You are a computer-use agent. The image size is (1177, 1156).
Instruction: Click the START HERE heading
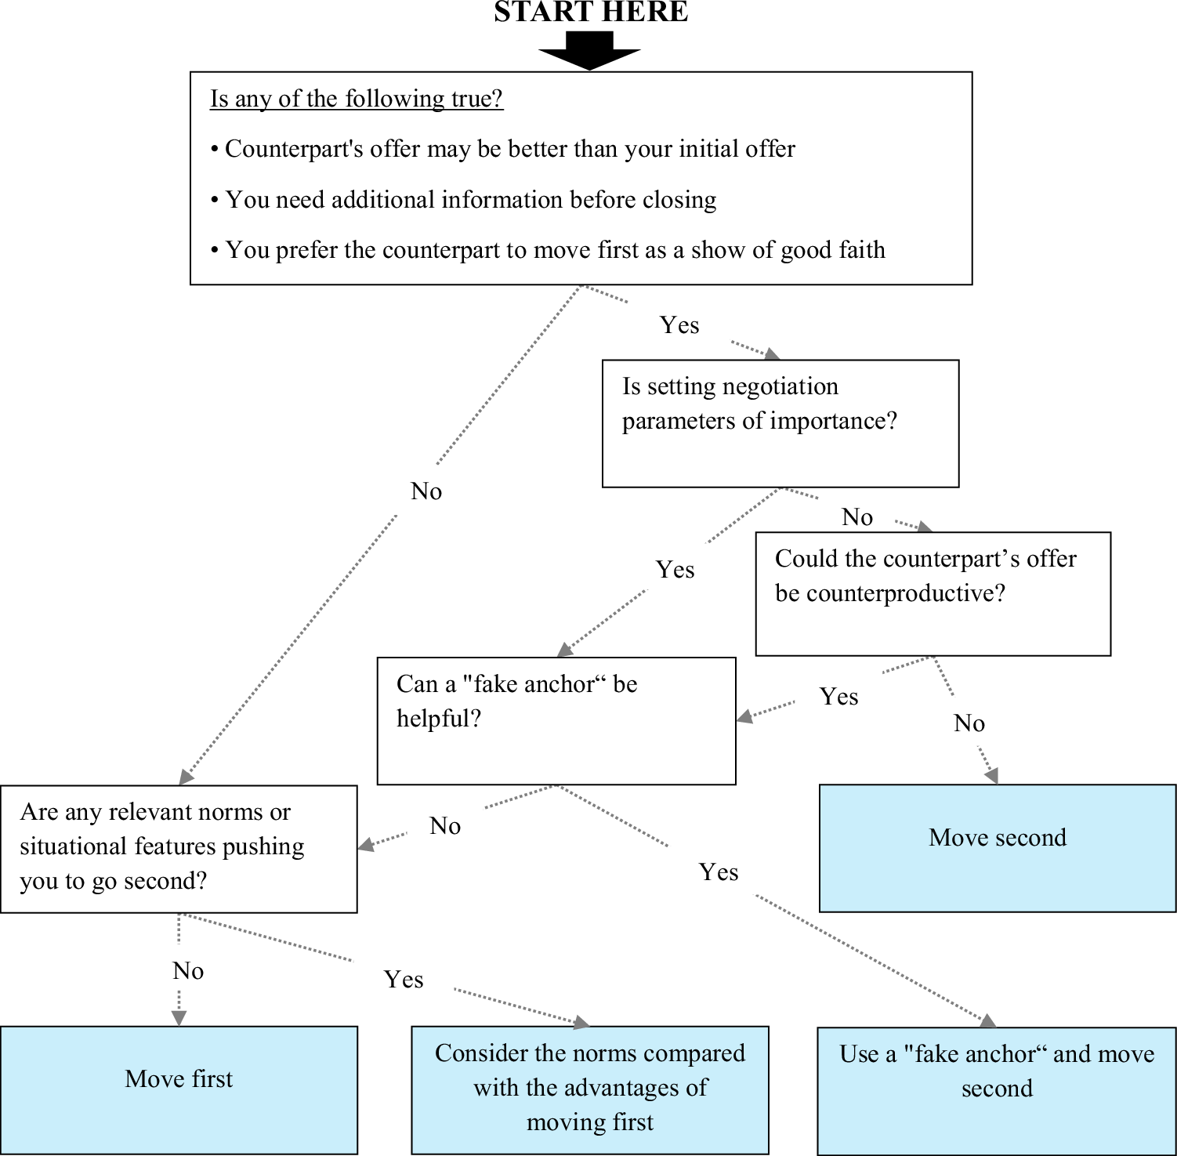click(x=590, y=13)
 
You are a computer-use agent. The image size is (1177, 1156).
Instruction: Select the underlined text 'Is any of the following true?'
click(x=357, y=99)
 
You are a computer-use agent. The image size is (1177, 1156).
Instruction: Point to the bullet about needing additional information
click(x=470, y=200)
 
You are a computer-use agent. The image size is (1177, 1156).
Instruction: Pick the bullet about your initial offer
click(x=509, y=149)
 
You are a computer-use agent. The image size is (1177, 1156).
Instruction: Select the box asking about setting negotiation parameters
click(x=780, y=423)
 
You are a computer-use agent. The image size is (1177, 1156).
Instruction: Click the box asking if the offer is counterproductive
click(x=933, y=593)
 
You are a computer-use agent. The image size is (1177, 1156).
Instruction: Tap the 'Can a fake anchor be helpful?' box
click(x=556, y=720)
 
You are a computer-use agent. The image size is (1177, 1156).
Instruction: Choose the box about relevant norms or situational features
click(x=179, y=849)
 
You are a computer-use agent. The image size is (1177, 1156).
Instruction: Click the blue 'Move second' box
click(x=998, y=848)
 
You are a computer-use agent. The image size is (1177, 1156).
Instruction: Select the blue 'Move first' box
click(x=179, y=1089)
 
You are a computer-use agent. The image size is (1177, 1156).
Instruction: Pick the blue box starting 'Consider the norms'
click(x=590, y=1089)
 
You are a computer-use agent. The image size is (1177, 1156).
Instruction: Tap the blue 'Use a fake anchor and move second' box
click(x=997, y=1090)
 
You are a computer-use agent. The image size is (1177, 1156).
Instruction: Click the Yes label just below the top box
click(x=679, y=325)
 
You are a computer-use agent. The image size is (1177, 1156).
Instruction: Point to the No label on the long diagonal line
click(x=426, y=491)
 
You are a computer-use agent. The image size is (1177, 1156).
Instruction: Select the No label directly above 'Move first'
click(x=188, y=971)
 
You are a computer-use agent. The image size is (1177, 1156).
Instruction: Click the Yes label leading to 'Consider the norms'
click(x=404, y=980)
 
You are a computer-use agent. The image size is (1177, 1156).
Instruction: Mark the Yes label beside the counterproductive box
click(x=838, y=697)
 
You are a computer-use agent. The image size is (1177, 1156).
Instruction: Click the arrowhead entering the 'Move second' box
click(x=992, y=775)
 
